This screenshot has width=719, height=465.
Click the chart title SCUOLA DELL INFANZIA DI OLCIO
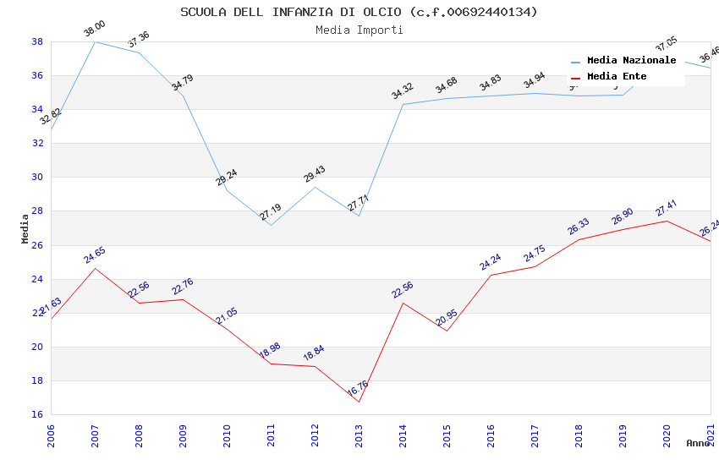pyautogui.click(x=359, y=12)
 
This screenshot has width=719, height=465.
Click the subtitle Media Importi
pyautogui.click(x=359, y=30)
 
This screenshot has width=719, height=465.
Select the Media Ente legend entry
pyautogui.click(x=617, y=77)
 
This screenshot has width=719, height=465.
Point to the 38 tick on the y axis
pyautogui.click(x=37, y=41)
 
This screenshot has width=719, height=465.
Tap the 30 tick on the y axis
pyautogui.click(x=37, y=178)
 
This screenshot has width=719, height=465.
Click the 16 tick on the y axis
pyautogui.click(x=37, y=415)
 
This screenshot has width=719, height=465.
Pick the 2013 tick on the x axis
pyautogui.click(x=359, y=436)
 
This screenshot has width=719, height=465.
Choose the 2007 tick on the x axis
pyautogui.click(x=95, y=436)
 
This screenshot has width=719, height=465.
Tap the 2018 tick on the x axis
pyautogui.click(x=579, y=436)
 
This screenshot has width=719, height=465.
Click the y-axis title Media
pyautogui.click(x=25, y=228)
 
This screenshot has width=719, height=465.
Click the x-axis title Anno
pyautogui.click(x=698, y=443)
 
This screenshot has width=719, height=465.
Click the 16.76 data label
pyautogui.click(x=358, y=389)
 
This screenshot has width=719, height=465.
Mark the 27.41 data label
pyautogui.click(x=667, y=208)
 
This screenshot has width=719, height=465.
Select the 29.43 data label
pyautogui.click(x=315, y=174)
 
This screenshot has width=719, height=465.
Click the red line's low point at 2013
pyautogui.click(x=359, y=402)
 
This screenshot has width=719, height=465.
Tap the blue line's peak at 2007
pyautogui.click(x=95, y=41)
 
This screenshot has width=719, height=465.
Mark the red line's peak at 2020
pyautogui.click(x=667, y=221)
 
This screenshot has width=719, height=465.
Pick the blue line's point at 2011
pyautogui.click(x=271, y=225)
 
